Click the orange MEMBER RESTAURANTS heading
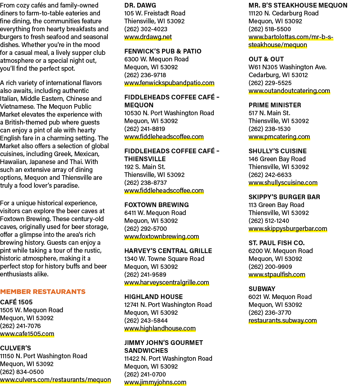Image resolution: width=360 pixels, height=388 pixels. pyautogui.click(x=43, y=292)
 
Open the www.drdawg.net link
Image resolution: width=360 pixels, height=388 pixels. pyautogui.click(x=148, y=37)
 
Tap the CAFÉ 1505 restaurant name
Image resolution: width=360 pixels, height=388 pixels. pyautogui.click(x=17, y=302)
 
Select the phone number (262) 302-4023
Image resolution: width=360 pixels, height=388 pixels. pyautogui.click(x=146, y=29)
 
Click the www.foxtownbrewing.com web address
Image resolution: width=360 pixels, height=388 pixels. pyautogui.click(x=162, y=237)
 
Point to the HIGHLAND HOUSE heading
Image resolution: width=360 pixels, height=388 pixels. pyautogui.click(x=154, y=297)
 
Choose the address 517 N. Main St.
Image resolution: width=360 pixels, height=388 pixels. pyautogui.click(x=269, y=113)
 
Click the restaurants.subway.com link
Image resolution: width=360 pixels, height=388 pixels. pyautogui.click(x=283, y=321)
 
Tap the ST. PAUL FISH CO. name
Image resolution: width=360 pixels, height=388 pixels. pyautogui.click(x=277, y=243)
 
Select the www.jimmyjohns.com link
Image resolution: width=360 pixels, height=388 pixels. pyautogui.click(x=155, y=382)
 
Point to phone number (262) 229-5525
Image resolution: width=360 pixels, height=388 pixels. pyautogui.click(x=270, y=83)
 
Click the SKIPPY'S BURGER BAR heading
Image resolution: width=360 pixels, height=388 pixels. pyautogui.click(x=285, y=197)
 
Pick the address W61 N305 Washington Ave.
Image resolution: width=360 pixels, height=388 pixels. pyautogui.click(x=288, y=67)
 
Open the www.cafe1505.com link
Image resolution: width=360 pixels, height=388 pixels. pyautogui.click(x=27, y=334)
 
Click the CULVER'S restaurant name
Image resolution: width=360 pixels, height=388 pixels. pyautogui.click(x=15, y=348)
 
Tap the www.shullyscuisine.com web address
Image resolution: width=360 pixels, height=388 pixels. pyautogui.click(x=283, y=183)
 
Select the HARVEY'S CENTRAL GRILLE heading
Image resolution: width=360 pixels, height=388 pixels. pyautogui.click(x=168, y=251)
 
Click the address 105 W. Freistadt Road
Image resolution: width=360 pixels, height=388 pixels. pyautogui.click(x=155, y=13)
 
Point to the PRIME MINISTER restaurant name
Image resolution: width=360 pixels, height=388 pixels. pyautogui.click(x=275, y=105)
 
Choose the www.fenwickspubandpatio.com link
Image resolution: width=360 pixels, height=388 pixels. pyautogui.click(x=169, y=83)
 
